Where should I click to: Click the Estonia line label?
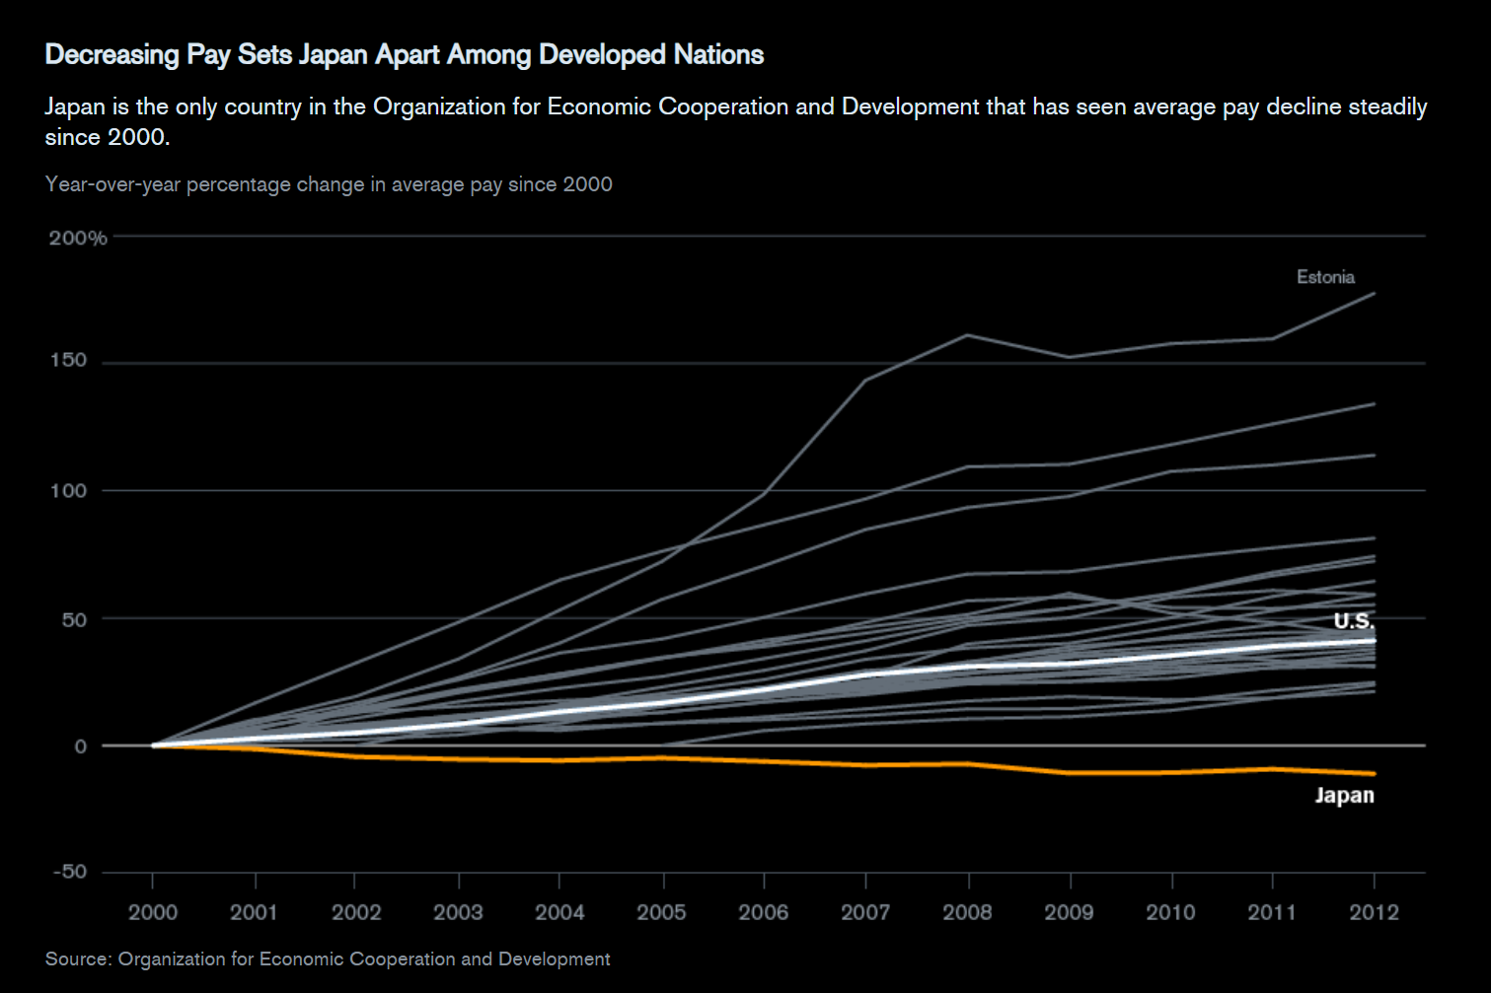[x=1325, y=277]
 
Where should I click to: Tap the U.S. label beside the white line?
[x=1353, y=620]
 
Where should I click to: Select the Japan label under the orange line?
[x=1344, y=795]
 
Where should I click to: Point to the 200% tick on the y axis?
[x=78, y=238]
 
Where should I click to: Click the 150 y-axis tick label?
[x=68, y=361]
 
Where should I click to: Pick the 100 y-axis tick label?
[x=68, y=490]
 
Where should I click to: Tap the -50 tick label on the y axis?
[x=68, y=872]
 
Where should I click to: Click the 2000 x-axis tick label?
[x=153, y=912]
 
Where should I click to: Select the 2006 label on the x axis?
[x=764, y=912]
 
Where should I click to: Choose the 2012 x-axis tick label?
[x=1374, y=912]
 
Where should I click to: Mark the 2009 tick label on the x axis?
[x=1069, y=912]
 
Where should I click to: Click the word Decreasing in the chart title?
[x=112, y=55]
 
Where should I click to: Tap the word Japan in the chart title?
[x=334, y=55]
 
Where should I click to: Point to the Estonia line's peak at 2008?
[x=968, y=335]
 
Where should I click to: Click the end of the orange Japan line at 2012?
[x=1374, y=774]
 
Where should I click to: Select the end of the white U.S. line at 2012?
[x=1374, y=640]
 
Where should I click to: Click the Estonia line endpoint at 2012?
[x=1374, y=293]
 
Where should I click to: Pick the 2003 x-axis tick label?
[x=458, y=912]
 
